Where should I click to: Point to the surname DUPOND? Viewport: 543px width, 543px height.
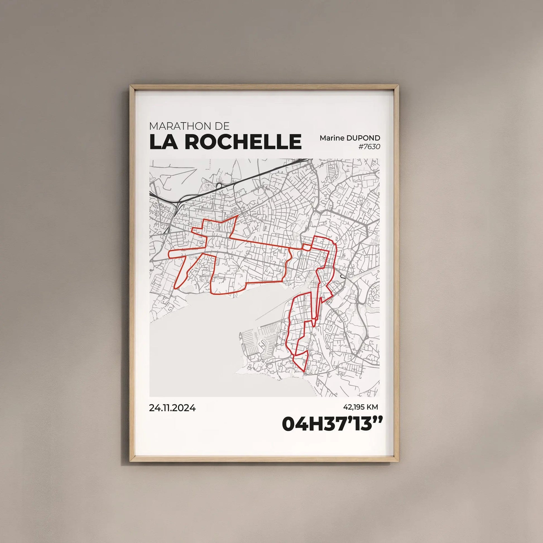coord(363,138)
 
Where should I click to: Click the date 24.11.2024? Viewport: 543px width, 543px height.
coord(172,408)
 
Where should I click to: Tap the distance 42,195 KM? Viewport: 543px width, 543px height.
coord(361,407)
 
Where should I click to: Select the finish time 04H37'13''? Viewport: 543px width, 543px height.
coord(332,424)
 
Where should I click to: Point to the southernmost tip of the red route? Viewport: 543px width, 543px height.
coord(305,373)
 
